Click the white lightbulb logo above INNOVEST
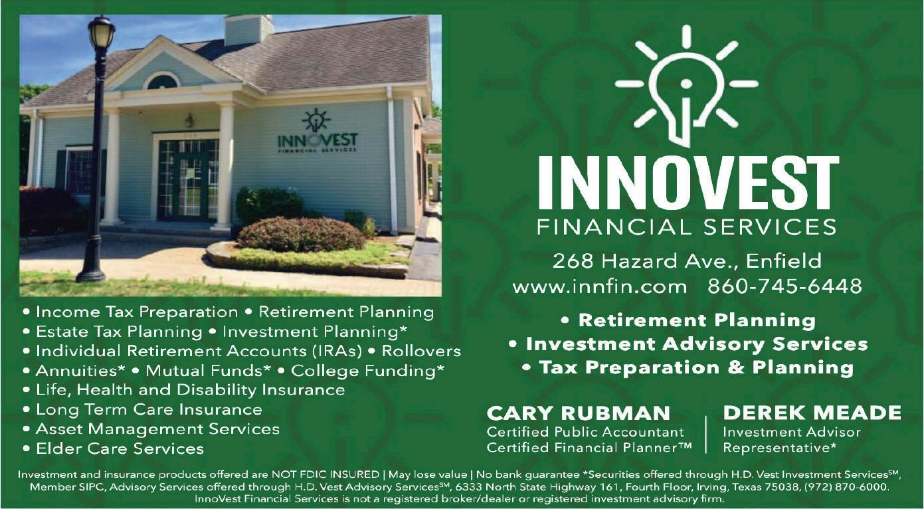[686, 86]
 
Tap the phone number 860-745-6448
[785, 286]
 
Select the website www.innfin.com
[600, 286]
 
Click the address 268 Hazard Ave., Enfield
[687, 261]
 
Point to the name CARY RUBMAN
[579, 413]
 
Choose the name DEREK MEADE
[812, 413]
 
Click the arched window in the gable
[161, 80]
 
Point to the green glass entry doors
[188, 180]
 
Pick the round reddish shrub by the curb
[301, 235]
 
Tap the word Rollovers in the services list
[421, 351]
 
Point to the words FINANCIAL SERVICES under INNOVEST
[687, 227]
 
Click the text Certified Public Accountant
[585, 432]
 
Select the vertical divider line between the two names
[706, 435]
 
